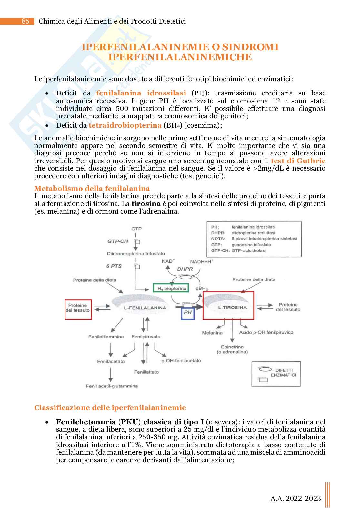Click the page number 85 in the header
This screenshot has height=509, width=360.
tap(25, 21)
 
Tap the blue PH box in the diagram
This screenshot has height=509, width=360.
tap(187, 312)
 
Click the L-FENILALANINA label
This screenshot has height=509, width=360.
tap(145, 308)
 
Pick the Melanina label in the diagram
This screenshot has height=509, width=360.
tap(212, 333)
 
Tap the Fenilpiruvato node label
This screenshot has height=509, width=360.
tap(146, 337)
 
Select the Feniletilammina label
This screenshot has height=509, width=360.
tap(106, 337)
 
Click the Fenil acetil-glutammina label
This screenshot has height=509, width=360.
tap(112, 386)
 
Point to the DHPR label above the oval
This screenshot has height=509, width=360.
tap(185, 269)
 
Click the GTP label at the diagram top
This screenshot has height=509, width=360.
tap(136, 229)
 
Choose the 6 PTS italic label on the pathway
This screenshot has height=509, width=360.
tap(114, 266)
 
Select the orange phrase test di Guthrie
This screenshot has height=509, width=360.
tap(298, 161)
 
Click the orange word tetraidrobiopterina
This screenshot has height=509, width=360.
tap(125, 125)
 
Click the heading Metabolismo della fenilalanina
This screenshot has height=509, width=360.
tap(92, 188)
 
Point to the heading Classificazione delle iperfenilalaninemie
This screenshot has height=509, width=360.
tap(110, 407)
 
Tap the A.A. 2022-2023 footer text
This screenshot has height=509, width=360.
tap(295, 498)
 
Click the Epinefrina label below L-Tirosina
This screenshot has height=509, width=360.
tap(232, 349)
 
